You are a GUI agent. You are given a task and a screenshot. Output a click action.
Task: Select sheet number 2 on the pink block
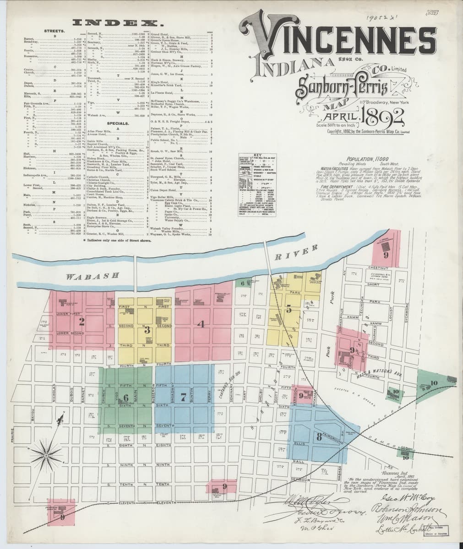tap(82, 320)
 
